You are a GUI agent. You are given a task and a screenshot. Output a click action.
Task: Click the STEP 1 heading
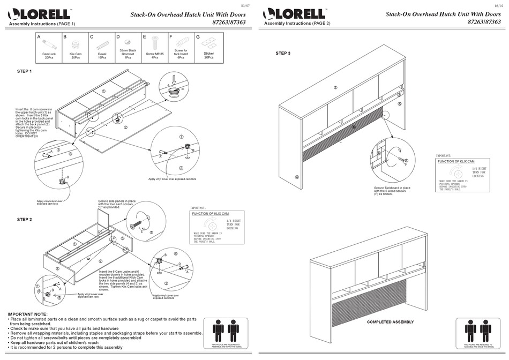(25, 71)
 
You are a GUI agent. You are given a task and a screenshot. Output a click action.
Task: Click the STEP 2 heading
(25, 220)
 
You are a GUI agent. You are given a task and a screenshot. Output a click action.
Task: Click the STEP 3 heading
(283, 53)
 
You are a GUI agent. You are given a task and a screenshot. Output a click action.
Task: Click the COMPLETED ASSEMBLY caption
(391, 322)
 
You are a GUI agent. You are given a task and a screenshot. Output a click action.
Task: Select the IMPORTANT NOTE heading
(27, 314)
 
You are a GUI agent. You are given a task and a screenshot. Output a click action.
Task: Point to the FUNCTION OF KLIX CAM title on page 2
(456, 161)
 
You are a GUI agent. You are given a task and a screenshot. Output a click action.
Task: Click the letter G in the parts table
(198, 37)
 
